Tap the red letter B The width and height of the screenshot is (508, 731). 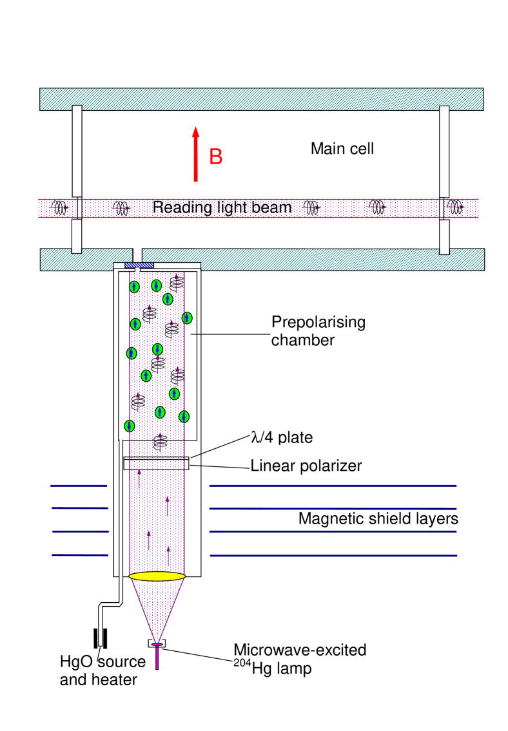pos(216,157)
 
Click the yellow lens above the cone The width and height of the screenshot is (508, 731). pos(157,576)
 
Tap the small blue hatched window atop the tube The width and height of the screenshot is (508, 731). pos(139,265)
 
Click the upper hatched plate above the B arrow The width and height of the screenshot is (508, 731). pos(261,99)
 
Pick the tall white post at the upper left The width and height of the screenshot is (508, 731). pos(77,151)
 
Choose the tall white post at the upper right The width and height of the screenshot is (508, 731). pos(444,151)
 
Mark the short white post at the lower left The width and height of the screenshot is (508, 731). pos(77,236)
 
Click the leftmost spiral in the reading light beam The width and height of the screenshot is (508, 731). pos(60,208)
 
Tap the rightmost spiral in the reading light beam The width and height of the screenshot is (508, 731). pos(456,207)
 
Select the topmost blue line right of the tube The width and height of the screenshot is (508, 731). pos(333,485)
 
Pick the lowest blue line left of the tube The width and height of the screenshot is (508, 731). pos(81,555)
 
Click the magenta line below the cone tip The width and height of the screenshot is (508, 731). pos(157,658)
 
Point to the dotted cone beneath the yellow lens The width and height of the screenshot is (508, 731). pos(157,605)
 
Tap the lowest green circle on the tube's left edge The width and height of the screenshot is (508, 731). pos(130,426)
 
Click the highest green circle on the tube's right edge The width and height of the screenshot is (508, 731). pos(187,318)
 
